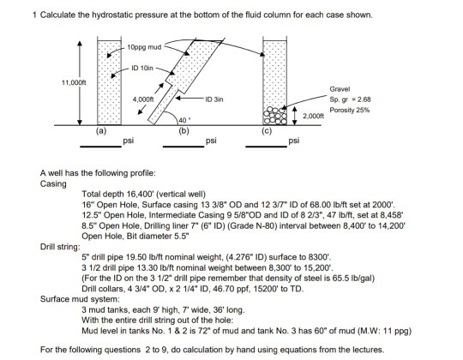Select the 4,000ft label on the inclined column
point(143,100)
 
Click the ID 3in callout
point(217,99)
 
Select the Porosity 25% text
point(350,109)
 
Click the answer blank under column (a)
point(99,142)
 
